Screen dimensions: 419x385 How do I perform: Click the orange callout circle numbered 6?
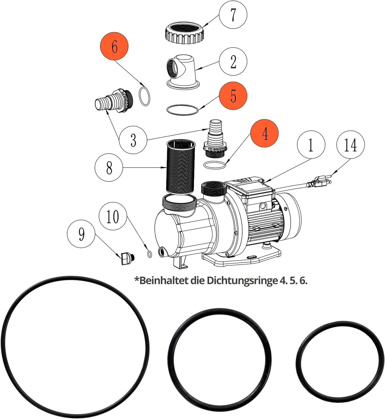[114, 46]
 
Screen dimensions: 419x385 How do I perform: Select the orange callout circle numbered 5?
[233, 96]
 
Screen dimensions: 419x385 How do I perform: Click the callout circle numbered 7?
[233, 15]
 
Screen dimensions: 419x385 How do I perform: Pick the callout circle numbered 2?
[233, 61]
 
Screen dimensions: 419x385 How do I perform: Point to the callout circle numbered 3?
[133, 140]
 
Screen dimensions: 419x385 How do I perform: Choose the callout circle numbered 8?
[109, 168]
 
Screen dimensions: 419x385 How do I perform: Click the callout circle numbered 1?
[311, 145]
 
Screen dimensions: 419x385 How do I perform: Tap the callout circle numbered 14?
[350, 145]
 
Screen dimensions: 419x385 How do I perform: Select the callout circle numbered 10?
[113, 216]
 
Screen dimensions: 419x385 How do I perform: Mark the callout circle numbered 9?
[81, 234]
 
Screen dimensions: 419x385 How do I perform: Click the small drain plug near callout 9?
[127, 258]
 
